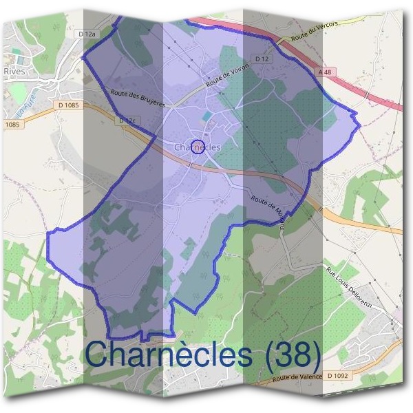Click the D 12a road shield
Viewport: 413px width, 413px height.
pos(86,33)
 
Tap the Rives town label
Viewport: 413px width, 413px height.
pos(14,70)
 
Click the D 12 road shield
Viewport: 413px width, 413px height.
pos(261,60)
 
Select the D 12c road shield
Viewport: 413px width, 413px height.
pos(125,121)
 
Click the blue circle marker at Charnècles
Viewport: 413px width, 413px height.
pos(198,147)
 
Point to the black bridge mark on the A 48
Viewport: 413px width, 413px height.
pos(368,94)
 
